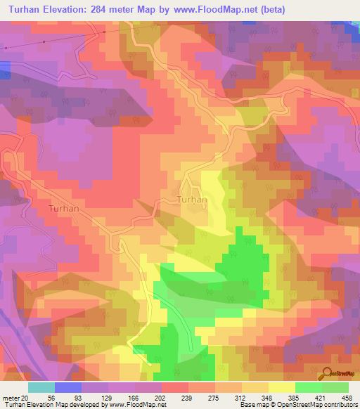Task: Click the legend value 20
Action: pyautogui.click(x=25, y=397)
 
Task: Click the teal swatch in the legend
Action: pyautogui.click(x=41, y=387)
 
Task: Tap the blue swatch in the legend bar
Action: pyautogui.click(x=68, y=387)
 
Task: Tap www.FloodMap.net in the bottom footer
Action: pyautogui.click(x=137, y=405)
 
